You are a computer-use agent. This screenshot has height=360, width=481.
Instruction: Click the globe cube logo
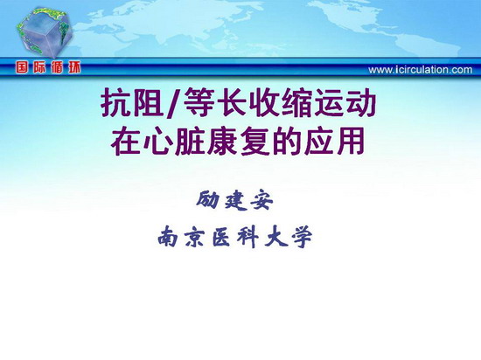click(45, 32)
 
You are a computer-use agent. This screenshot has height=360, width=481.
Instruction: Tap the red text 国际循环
click(48, 67)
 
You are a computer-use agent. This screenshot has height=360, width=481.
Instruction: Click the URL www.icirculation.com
click(421, 70)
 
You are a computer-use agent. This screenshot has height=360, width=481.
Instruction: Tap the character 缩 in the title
click(297, 102)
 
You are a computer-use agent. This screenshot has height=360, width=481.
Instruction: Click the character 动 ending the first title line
click(361, 102)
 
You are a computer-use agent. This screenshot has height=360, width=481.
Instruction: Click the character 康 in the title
click(222, 142)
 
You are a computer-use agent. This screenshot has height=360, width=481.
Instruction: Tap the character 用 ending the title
click(351, 142)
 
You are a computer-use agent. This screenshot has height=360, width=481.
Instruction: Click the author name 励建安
click(234, 200)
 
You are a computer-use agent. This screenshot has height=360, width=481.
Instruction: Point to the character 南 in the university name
click(168, 237)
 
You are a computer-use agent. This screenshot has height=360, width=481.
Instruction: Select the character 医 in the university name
click(221, 237)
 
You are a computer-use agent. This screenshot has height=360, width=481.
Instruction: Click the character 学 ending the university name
click(303, 237)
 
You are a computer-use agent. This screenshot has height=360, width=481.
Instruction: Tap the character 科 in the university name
click(247, 237)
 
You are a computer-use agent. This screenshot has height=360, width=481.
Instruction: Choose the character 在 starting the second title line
click(125, 142)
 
